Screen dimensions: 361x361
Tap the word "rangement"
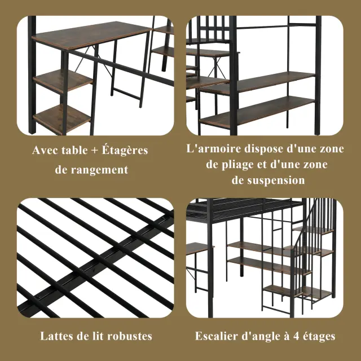coord(99,170)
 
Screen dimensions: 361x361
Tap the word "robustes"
coord(130,336)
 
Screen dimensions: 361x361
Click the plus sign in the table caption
coord(94,151)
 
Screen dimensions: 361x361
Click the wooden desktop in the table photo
coord(91,34)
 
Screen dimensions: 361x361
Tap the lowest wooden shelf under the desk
coord(61,118)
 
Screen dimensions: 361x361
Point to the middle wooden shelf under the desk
coord(63,81)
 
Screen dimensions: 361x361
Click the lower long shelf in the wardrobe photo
coord(257,112)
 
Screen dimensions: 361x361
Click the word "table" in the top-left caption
coord(75,150)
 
